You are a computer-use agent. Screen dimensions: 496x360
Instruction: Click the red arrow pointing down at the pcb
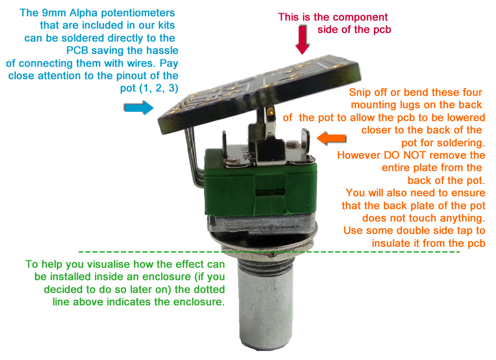302,40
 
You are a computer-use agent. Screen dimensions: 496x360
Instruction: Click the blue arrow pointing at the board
139,108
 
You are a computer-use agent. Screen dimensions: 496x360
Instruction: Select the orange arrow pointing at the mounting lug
331,138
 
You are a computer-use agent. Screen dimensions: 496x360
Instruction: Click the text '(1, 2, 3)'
159,88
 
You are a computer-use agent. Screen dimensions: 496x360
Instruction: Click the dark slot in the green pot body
270,192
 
